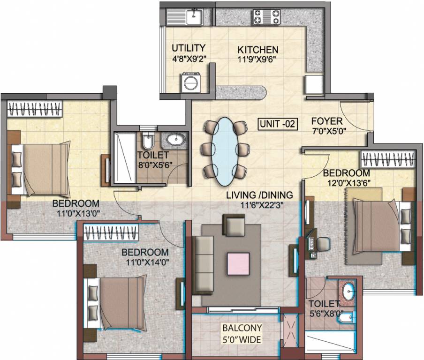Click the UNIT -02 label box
pos(278,124)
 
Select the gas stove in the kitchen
pos(266,17)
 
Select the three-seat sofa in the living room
pos(204,264)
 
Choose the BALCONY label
pos(242,328)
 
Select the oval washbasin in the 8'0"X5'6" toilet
pos(175,139)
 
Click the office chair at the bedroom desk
pos(322,245)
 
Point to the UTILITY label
pos(188,48)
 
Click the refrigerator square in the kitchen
pos(314,85)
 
